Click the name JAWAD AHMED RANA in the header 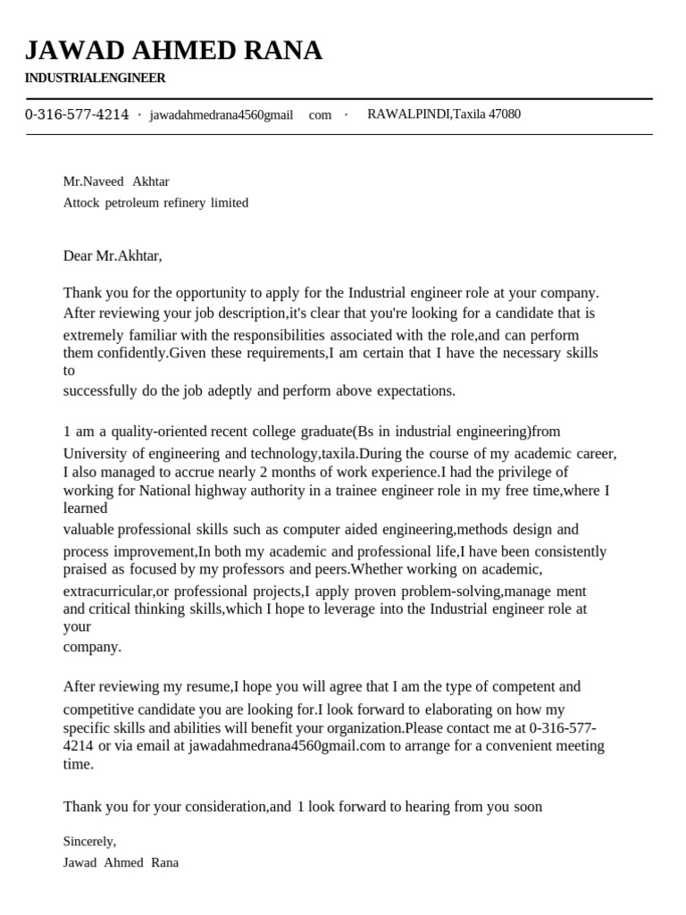[x=173, y=51]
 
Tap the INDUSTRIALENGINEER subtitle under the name [x=95, y=79]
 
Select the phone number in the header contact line [x=77, y=114]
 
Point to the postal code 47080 [x=505, y=114]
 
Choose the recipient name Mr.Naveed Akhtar [x=116, y=181]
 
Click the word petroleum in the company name [x=137, y=203]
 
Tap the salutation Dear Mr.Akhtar [x=113, y=256]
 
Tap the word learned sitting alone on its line [x=85, y=508]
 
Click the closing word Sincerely [x=89, y=841]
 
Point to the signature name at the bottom [x=121, y=863]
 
